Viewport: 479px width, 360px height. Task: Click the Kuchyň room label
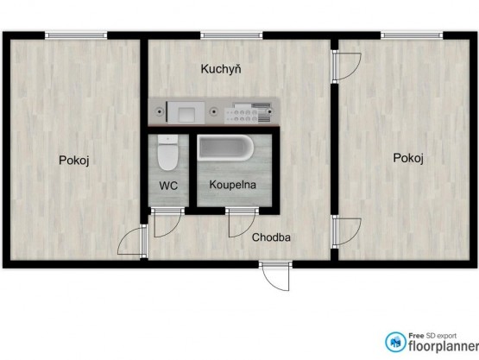[x=221, y=69]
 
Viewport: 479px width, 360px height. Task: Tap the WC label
[x=168, y=186]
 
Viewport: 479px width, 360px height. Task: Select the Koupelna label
[x=232, y=185]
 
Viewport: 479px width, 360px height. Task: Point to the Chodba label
[x=271, y=237]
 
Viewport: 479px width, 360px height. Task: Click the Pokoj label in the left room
[x=74, y=160]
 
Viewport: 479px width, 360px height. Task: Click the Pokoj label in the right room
[x=408, y=158]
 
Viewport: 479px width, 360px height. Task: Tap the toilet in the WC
[x=167, y=153]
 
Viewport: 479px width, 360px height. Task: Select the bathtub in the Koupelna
[x=225, y=148]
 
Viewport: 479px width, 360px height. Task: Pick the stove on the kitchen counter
[x=248, y=113]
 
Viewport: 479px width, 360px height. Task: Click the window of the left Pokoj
[x=76, y=35]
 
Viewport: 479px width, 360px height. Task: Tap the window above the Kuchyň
[x=231, y=35]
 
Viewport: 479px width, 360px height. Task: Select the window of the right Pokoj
[x=412, y=35]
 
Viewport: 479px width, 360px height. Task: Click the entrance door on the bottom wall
[x=275, y=275]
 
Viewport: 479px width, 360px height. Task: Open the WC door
[x=167, y=222]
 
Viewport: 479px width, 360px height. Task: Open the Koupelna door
[x=242, y=222]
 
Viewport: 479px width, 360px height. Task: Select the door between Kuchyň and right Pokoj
[x=347, y=66]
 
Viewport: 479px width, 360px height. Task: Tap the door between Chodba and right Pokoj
[x=347, y=231]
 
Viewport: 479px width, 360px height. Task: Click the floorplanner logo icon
[x=395, y=342]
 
